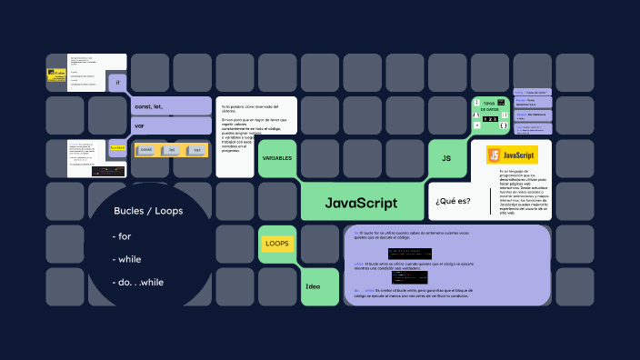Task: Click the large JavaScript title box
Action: click(x=361, y=202)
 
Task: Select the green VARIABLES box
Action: click(x=276, y=158)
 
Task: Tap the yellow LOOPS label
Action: click(x=276, y=245)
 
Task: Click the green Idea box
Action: click(x=313, y=286)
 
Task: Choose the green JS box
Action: click(x=446, y=158)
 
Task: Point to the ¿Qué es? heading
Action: click(x=453, y=201)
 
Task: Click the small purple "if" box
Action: click(x=118, y=83)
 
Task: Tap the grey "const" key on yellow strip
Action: click(x=145, y=150)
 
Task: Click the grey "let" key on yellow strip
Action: click(x=172, y=150)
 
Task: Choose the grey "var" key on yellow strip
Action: click(x=196, y=150)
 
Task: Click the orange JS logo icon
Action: click(x=494, y=155)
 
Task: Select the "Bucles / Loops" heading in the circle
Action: click(x=148, y=211)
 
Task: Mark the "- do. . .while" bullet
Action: click(x=140, y=282)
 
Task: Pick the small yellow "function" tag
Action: click(x=117, y=147)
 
